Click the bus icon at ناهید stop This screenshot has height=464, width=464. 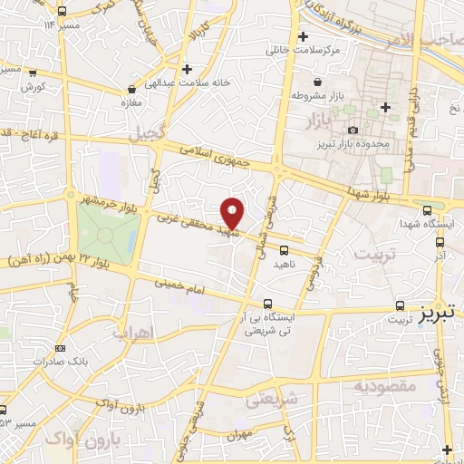(285, 249)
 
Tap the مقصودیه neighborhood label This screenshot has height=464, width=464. (384, 387)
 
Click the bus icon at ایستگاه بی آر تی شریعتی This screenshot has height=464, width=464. (266, 304)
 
